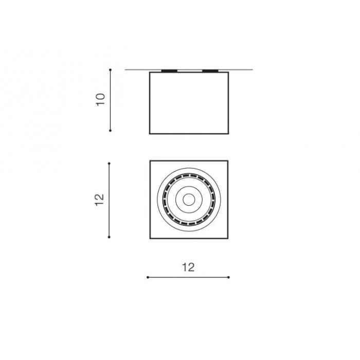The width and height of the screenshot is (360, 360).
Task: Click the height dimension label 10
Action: (100, 99)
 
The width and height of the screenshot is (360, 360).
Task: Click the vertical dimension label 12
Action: (99, 200)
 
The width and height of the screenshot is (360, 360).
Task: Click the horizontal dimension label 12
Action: (188, 267)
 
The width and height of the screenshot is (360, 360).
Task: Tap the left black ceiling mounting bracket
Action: (169, 71)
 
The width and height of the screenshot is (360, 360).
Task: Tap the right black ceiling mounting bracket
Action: (210, 71)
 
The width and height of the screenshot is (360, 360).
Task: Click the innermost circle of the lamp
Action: (189, 200)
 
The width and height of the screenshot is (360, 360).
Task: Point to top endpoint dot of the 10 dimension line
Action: (110, 69)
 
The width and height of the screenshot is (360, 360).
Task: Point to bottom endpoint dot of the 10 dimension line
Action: (110, 131)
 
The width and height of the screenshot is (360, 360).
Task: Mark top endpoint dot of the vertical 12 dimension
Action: (109, 164)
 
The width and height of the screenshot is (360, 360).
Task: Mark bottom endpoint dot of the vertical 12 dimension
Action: (109, 237)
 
